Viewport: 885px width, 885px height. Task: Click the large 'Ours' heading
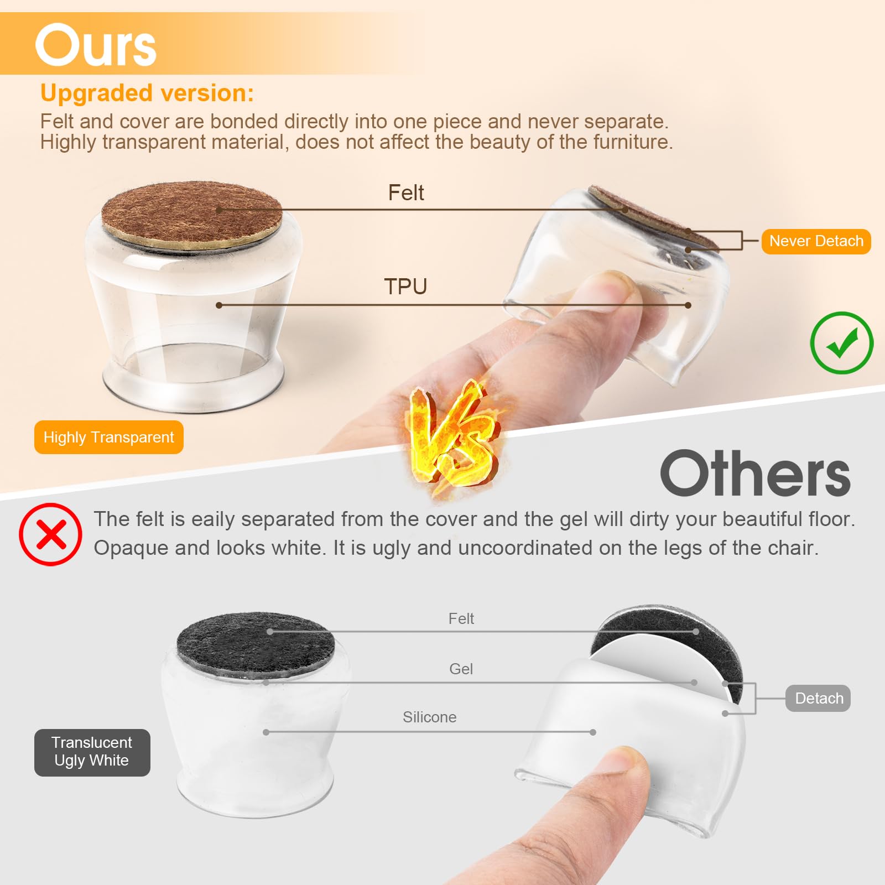click(96, 45)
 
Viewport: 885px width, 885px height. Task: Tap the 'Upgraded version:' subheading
click(147, 93)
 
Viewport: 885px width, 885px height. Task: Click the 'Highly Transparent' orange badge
click(109, 437)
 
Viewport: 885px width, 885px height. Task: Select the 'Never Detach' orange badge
click(816, 241)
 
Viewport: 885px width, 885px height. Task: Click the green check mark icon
click(842, 343)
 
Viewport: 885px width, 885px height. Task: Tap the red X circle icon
click(51, 534)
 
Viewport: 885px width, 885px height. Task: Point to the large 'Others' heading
click(756, 473)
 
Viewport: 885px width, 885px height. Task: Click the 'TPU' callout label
click(405, 287)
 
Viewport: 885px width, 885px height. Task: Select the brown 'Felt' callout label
click(406, 192)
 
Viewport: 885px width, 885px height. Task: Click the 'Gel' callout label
click(461, 669)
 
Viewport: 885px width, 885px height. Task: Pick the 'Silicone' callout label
click(430, 717)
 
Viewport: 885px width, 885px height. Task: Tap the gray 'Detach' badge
click(819, 698)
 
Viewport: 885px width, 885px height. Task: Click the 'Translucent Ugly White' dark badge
click(92, 752)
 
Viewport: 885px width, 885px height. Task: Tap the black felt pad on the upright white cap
click(256, 644)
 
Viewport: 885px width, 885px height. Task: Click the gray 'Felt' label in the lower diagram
click(461, 618)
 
